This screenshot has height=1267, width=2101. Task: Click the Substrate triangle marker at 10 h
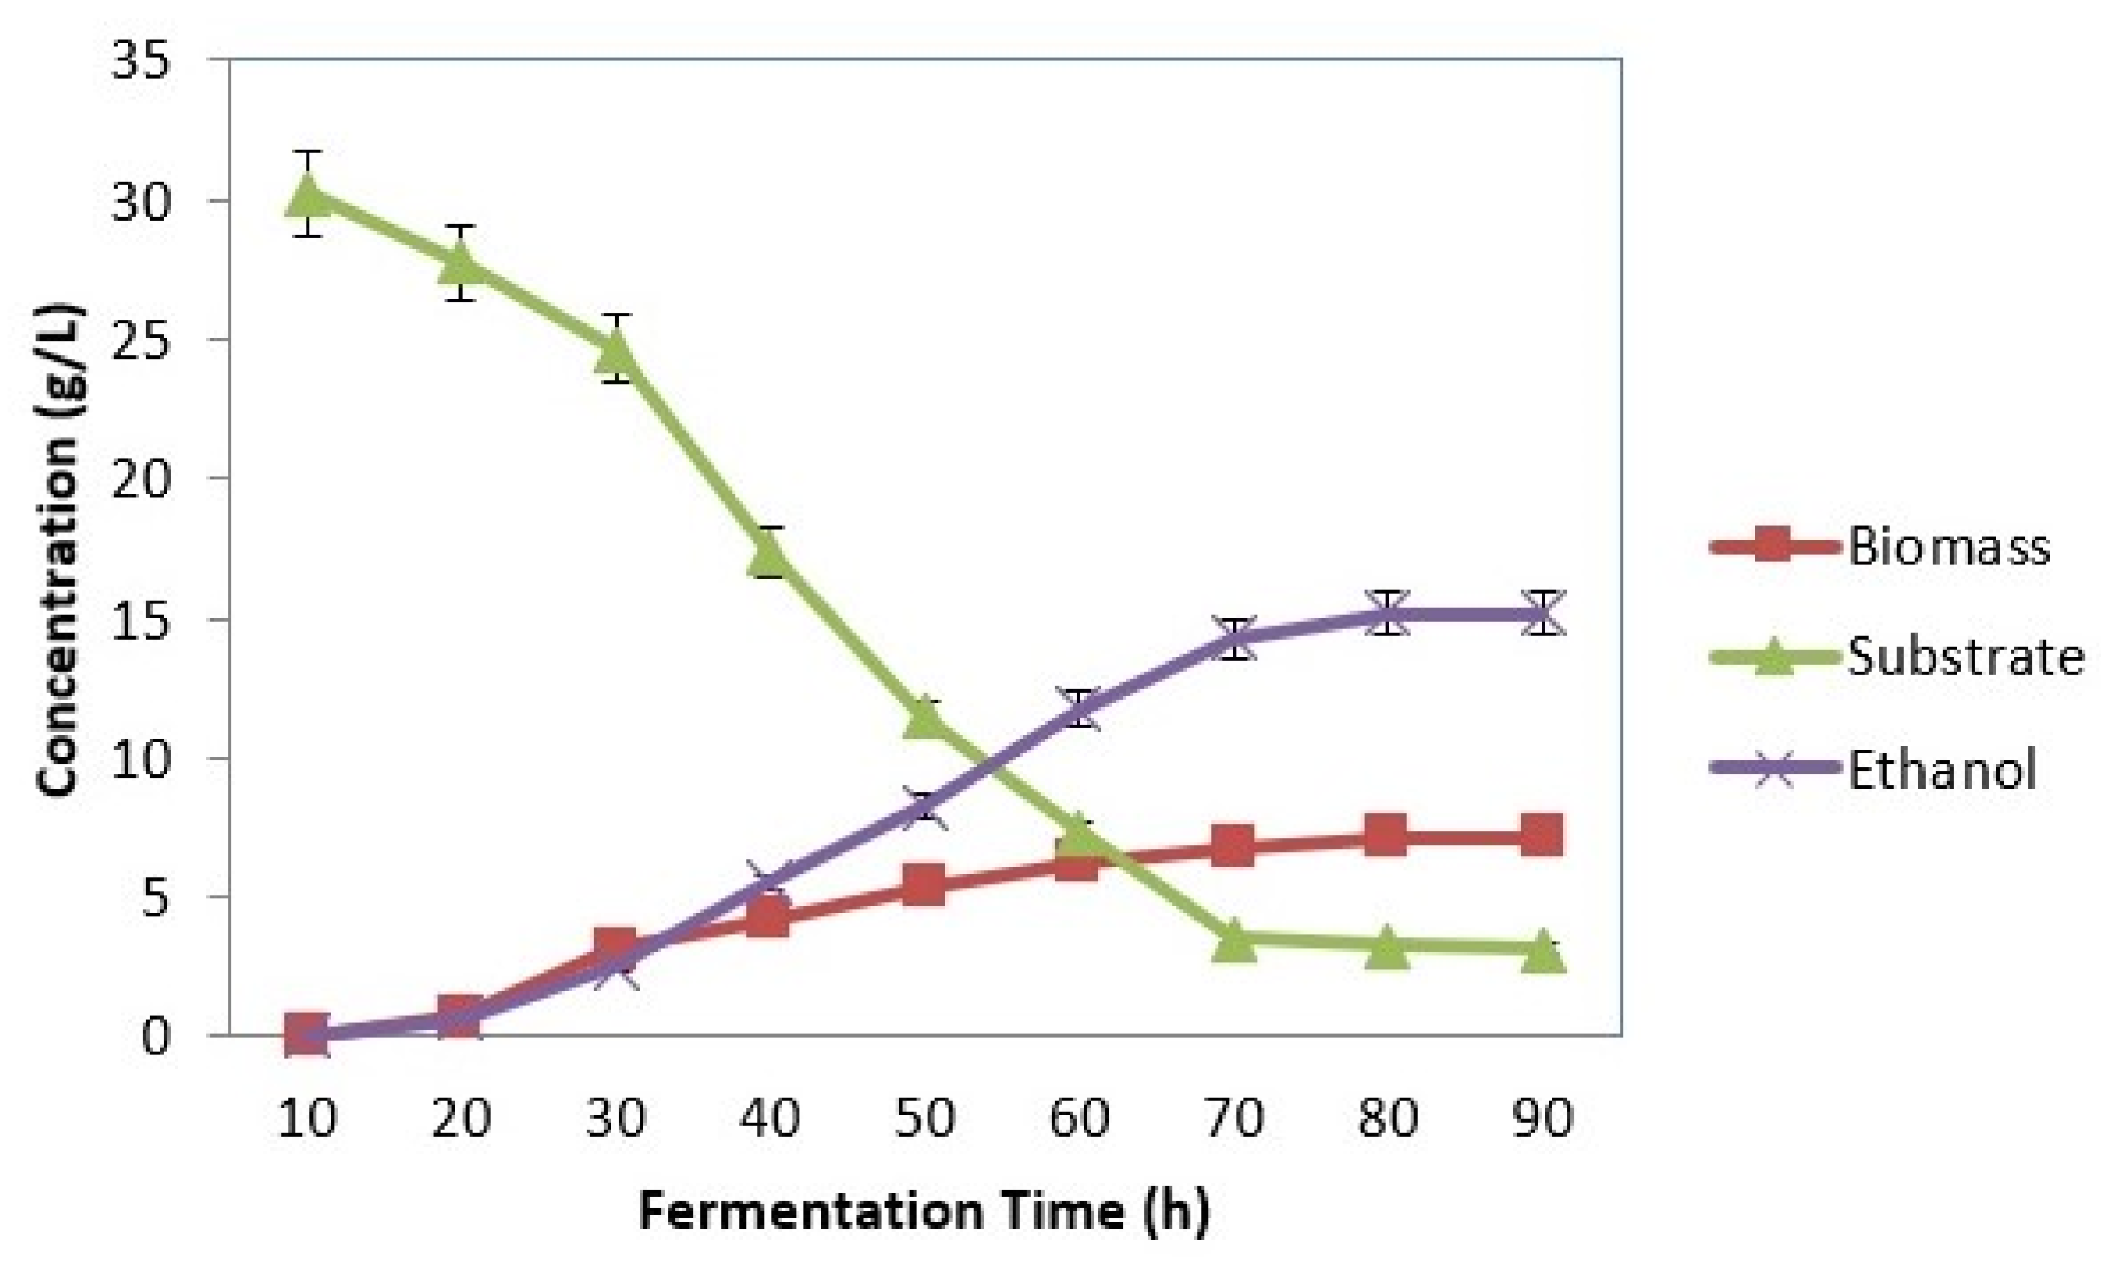coord(307,194)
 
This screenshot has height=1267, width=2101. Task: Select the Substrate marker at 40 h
coord(769,555)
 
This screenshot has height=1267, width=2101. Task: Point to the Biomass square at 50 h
coord(923,885)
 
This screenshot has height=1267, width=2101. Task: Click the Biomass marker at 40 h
coord(769,917)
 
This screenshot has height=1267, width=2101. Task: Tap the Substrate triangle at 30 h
coord(615,352)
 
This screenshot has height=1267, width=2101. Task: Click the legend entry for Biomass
coord(1947,547)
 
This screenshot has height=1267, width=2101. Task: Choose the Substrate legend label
coord(1965,658)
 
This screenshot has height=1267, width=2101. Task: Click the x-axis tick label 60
coord(1078,1118)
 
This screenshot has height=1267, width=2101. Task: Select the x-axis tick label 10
coord(307,1118)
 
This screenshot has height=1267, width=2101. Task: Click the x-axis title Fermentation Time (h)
coord(923,1210)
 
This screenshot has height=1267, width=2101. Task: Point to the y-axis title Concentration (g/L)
coord(60,549)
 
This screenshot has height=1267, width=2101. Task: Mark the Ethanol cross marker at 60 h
coord(1078,709)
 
